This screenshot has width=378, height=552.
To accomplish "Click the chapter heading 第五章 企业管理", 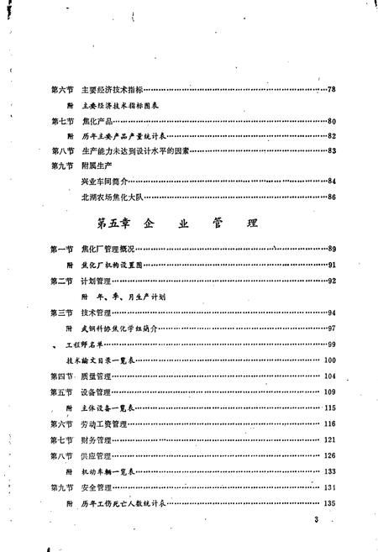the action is pos(176,224).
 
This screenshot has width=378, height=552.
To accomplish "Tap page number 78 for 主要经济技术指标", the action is pos(332,90).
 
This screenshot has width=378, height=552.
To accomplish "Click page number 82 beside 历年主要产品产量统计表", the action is pos(332,135).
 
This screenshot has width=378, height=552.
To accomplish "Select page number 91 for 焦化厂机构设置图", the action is pos(332,265).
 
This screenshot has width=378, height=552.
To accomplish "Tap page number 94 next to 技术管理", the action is pos(332,312).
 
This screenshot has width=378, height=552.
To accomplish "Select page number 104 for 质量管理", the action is pos(330,376).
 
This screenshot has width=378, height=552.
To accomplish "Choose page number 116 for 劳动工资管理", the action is pos(330,424).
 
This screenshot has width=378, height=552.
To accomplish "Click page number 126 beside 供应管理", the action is pos(330,455).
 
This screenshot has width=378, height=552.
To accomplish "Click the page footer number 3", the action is pos(316,523).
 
